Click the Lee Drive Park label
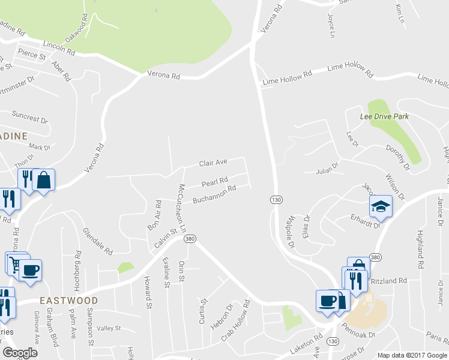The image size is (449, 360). point(384,116)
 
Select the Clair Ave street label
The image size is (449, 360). point(213,163)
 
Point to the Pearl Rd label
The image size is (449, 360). point(215,182)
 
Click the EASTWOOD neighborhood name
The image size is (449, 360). point(68,299)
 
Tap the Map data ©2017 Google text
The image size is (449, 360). point(412,355)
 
